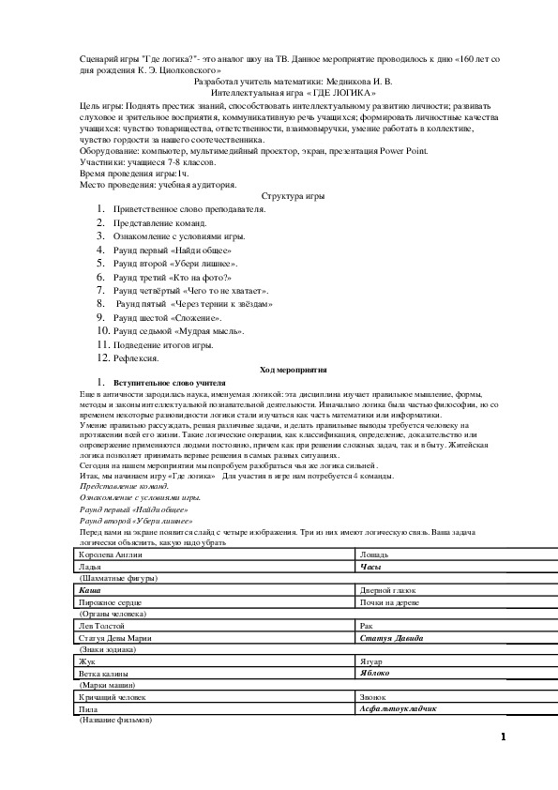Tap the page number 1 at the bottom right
click(503, 737)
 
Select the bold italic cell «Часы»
click(370, 567)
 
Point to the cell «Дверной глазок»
click(388, 590)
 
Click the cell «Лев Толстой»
click(103, 625)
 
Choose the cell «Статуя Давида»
click(391, 637)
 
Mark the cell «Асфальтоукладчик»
click(399, 708)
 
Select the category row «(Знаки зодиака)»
click(108, 648)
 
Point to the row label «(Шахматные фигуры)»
click(114, 578)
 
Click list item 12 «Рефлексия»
click(137, 357)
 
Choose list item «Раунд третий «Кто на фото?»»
click(172, 278)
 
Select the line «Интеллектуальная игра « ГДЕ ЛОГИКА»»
click(294, 94)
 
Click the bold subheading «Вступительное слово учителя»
click(170, 383)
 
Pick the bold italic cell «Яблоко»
click(377, 673)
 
